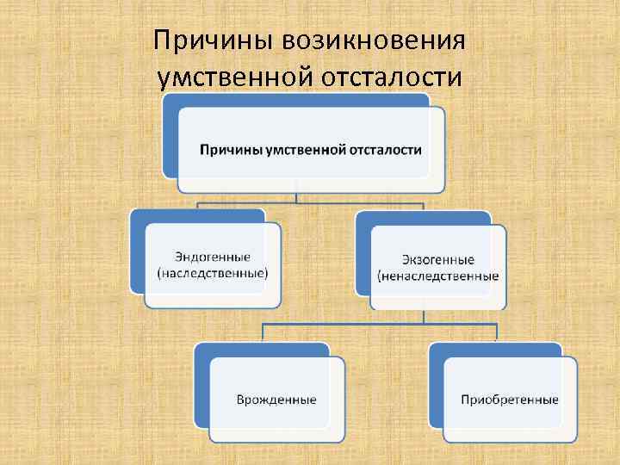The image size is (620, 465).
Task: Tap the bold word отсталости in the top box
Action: [x=385, y=150]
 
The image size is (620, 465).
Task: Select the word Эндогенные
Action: [x=213, y=257]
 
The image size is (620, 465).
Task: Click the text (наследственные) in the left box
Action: [x=213, y=273]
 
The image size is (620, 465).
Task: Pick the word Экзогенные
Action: [x=437, y=260]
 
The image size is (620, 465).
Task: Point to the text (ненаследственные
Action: [x=437, y=276]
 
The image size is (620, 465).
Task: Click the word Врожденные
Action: [x=276, y=400]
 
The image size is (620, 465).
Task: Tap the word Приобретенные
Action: [x=510, y=400]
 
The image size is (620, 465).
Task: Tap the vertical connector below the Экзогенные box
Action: [x=422, y=316]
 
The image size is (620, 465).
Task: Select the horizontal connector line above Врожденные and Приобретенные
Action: [x=379, y=324]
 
